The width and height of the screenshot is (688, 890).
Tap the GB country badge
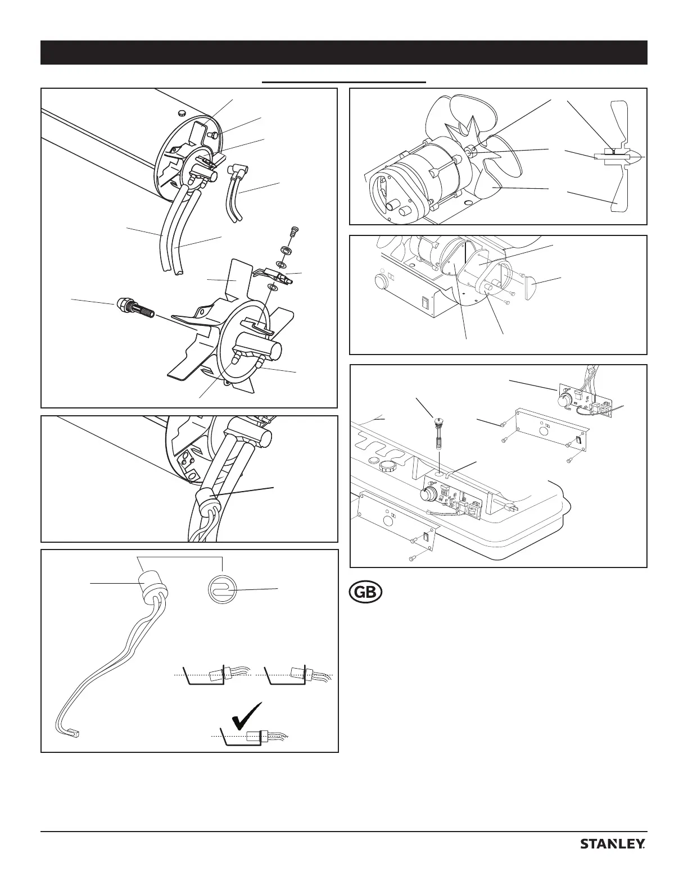pyautogui.click(x=365, y=593)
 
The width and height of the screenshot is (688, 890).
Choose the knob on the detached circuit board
pyautogui.click(x=563, y=400)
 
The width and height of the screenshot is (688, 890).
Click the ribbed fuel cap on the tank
pyautogui.click(x=387, y=466)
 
